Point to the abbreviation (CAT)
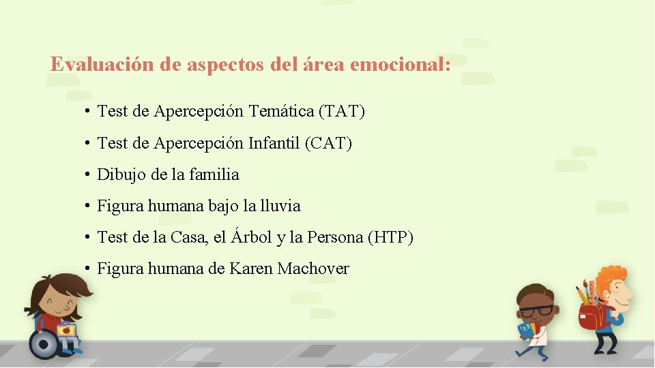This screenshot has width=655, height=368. coord(328,143)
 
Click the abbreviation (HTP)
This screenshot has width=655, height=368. coord(390,237)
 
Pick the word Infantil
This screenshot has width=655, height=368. coord(274,143)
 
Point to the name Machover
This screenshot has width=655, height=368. coord(313,269)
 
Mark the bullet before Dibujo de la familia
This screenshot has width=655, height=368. coord(89,174)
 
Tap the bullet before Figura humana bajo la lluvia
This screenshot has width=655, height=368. coord(89,206)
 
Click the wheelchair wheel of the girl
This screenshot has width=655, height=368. coord(44,344)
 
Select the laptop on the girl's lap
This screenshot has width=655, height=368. coord(65,331)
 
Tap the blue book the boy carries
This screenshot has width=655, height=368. coord(524,331)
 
